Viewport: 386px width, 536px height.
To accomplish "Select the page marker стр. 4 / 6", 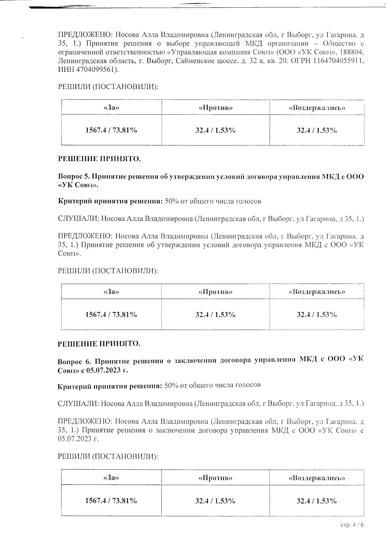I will pos(352,525).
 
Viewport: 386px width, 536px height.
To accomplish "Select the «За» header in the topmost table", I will pos(112,108).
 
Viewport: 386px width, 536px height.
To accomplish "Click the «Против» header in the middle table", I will pos(216,292).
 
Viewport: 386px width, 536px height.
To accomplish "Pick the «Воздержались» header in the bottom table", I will pos(317,478).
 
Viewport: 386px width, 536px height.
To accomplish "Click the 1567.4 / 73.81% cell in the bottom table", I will pos(111,501).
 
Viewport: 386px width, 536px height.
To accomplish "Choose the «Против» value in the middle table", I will pos(216,315).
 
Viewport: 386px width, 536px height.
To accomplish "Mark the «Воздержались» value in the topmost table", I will pos(317,130).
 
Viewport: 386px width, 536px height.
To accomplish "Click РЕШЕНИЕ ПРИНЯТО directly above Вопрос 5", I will pos(99,159).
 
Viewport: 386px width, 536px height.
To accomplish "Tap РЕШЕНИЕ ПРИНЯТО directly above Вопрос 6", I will pos(99,343).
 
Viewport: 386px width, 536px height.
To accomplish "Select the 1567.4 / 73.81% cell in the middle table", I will pos(111,315).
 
